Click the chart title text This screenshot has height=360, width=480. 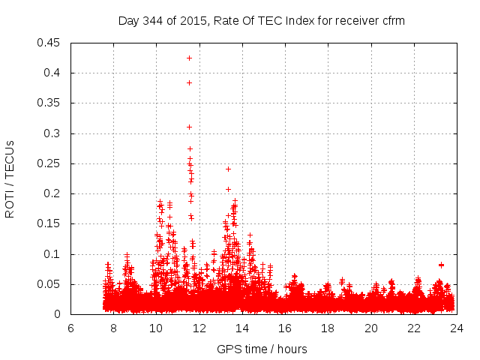click(x=261, y=21)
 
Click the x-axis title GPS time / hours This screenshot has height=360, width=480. click(x=262, y=349)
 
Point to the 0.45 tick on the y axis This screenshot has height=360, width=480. click(x=50, y=43)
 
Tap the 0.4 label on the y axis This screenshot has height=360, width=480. click(x=53, y=73)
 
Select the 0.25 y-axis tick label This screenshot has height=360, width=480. click(x=50, y=163)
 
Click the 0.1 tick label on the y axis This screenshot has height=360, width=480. click(x=53, y=254)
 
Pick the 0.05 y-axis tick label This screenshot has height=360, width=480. click(x=50, y=284)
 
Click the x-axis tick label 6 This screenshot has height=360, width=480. click(x=70, y=328)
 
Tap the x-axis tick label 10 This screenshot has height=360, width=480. click(x=156, y=328)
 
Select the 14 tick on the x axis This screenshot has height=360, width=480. click(x=242, y=328)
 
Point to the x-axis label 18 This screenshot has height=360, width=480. click(x=328, y=328)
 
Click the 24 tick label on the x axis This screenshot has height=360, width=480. click(x=456, y=328)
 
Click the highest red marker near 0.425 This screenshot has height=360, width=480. click(x=189, y=58)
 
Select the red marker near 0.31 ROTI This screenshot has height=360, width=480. click(x=189, y=127)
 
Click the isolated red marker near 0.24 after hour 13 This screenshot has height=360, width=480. click(x=228, y=169)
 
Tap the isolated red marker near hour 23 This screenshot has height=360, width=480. click(x=441, y=265)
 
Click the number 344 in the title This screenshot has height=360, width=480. click(x=154, y=21)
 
